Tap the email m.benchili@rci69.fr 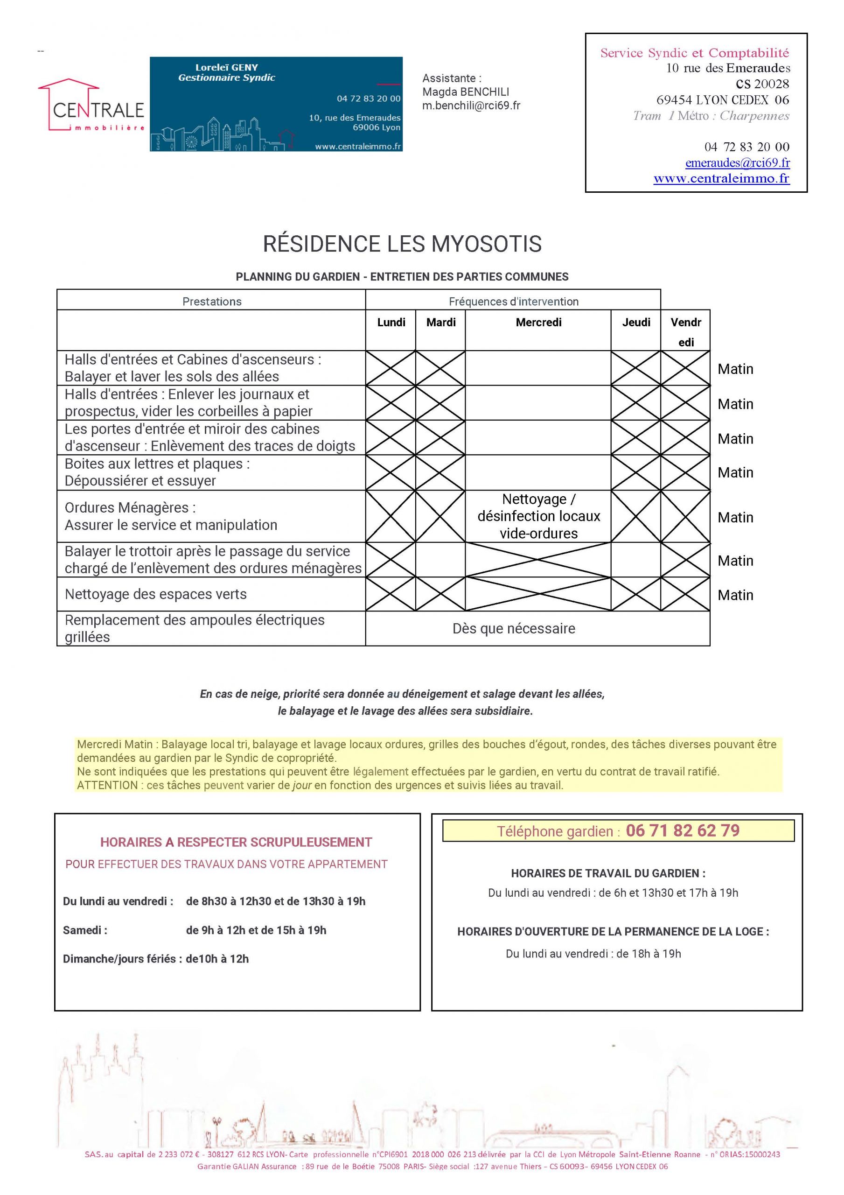click(x=471, y=105)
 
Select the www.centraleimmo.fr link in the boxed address click(x=721, y=178)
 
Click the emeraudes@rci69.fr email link click(x=737, y=162)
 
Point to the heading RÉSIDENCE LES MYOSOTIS click(x=402, y=244)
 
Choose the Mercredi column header click(x=538, y=323)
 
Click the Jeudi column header click(x=636, y=323)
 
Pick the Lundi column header click(x=391, y=323)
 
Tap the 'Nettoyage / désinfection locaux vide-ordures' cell click(x=538, y=516)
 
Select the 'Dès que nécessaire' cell click(x=514, y=628)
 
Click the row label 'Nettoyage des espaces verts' click(x=155, y=594)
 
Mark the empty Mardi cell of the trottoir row click(x=440, y=560)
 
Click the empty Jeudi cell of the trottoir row click(x=636, y=560)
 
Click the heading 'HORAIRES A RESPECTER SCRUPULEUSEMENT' click(x=236, y=842)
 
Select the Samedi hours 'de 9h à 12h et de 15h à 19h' click(x=256, y=930)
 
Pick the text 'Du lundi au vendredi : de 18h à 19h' click(x=593, y=954)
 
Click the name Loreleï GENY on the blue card click(x=226, y=67)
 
